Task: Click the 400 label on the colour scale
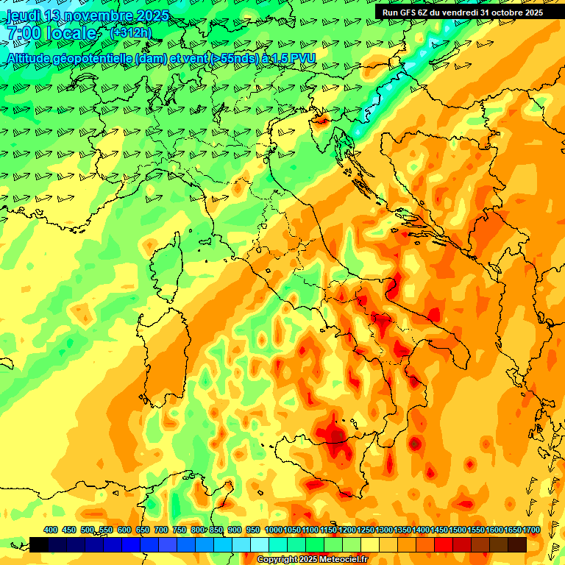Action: [51, 530]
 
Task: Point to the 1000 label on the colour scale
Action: [274, 530]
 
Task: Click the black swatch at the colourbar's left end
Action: [39, 544]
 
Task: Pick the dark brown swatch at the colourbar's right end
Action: [517, 544]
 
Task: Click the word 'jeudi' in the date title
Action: [22, 15]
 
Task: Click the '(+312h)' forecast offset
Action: [130, 32]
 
